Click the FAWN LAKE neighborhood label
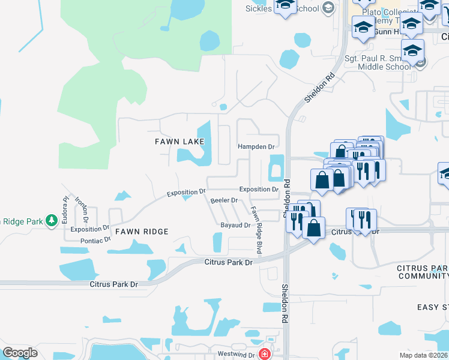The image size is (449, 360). [179, 142]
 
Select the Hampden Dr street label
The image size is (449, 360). [256, 146]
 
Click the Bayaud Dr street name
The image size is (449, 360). [235, 225]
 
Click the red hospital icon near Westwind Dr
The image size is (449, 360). [264, 354]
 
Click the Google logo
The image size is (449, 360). [20, 353]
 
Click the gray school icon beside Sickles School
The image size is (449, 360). [328, 8]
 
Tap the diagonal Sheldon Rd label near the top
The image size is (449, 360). [319, 88]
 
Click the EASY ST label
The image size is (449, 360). [433, 307]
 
